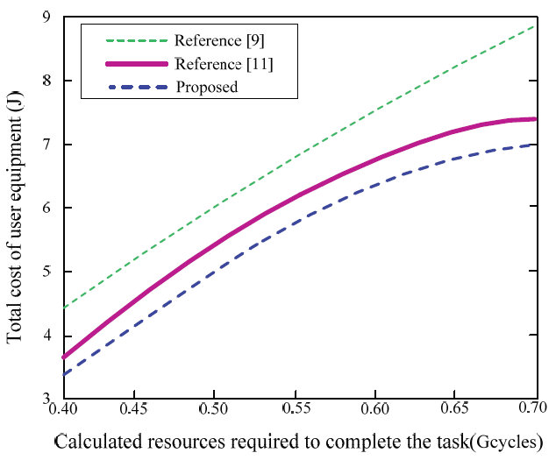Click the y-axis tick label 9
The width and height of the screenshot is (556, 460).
[46, 16]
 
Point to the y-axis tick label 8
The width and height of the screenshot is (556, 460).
[46, 81]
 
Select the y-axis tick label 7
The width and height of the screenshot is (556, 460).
[46, 145]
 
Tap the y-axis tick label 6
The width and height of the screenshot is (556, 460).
[46, 209]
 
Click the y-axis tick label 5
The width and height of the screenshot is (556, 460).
[46, 272]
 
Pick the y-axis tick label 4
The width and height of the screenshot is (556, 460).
[46, 336]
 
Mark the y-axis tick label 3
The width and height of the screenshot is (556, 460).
[46, 400]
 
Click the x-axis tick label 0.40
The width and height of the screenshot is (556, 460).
[62, 409]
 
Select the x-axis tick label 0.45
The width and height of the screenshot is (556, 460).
[134, 409]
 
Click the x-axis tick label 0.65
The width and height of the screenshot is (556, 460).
[456, 409]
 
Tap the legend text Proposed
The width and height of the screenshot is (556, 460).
[207, 87]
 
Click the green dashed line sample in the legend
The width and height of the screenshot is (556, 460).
[135, 40]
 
